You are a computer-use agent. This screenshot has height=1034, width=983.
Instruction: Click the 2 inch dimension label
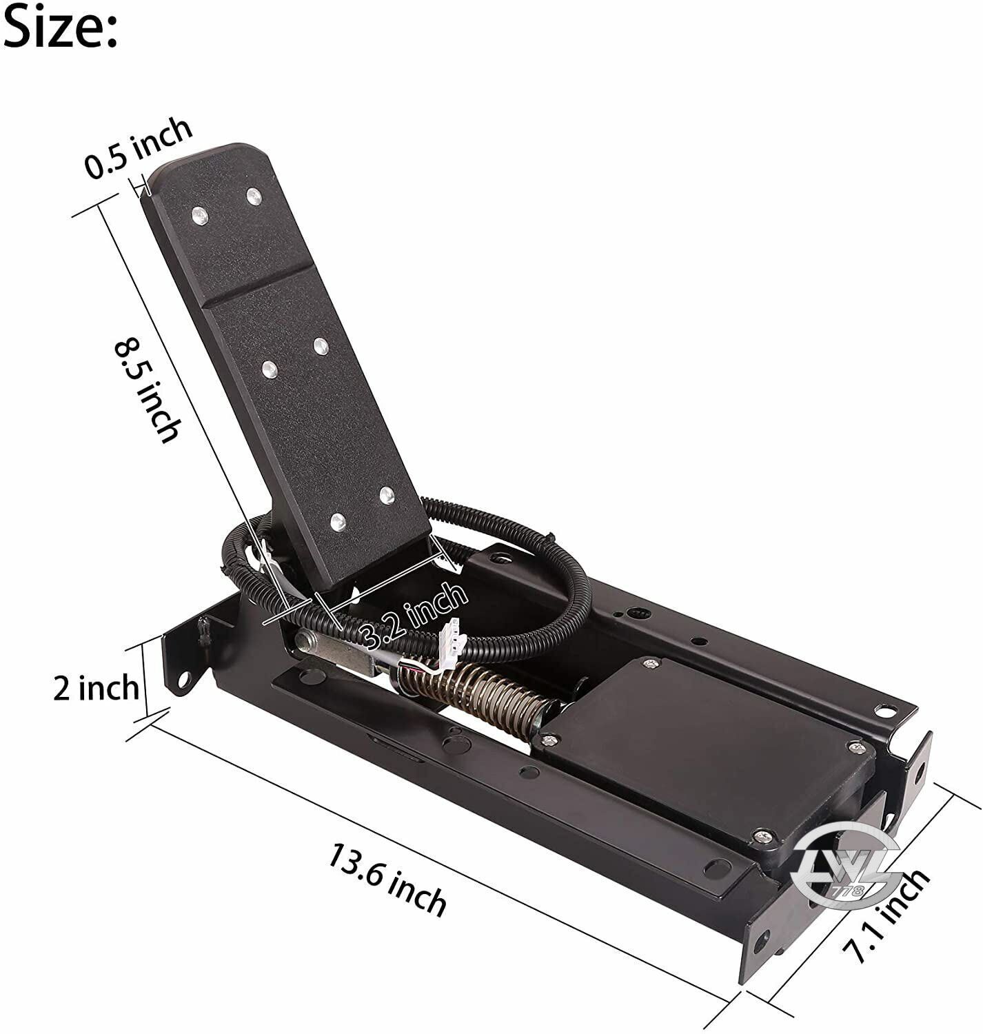[96, 688]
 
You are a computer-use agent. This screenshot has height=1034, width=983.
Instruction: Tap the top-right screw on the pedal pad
[254, 196]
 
